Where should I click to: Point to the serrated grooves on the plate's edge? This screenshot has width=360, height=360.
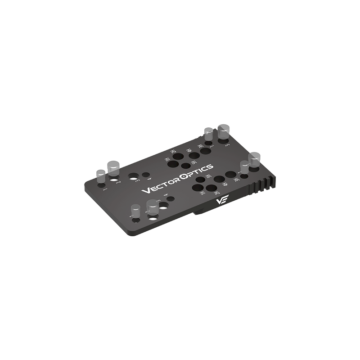(263, 184)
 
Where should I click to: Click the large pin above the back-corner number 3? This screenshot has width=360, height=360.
(223, 132)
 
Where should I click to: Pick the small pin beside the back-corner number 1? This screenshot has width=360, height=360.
(208, 135)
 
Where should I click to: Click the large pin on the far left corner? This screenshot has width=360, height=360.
(112, 167)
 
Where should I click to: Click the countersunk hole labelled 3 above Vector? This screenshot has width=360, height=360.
(133, 177)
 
